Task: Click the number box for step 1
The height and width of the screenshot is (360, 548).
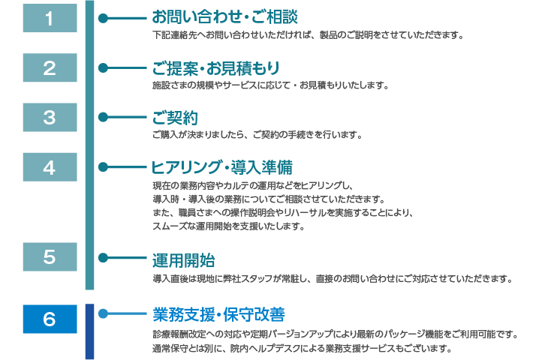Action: pyautogui.click(x=50, y=19)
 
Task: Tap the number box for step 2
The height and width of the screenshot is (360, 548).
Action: pyautogui.click(x=50, y=68)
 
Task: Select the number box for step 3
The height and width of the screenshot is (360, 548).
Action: pyautogui.click(x=50, y=117)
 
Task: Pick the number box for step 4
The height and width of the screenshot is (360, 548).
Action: pyautogui.click(x=50, y=166)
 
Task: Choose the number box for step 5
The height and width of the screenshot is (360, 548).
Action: pyautogui.click(x=50, y=257)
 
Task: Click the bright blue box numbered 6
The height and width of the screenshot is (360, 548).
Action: pyautogui.click(x=50, y=318)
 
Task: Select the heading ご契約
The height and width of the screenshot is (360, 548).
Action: pyautogui.click(x=174, y=117)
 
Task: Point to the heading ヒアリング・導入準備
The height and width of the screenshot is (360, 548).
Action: pyautogui.click(x=221, y=166)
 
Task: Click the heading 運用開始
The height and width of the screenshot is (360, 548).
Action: pyautogui.click(x=183, y=259)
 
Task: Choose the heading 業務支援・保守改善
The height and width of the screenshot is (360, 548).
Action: pyautogui.click(x=218, y=313)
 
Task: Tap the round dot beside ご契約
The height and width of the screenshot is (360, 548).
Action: pyautogui.click(x=104, y=117)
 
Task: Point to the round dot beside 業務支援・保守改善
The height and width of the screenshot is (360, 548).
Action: pyautogui.click(x=104, y=313)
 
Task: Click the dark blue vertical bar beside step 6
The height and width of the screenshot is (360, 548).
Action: pyautogui.click(x=90, y=331)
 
